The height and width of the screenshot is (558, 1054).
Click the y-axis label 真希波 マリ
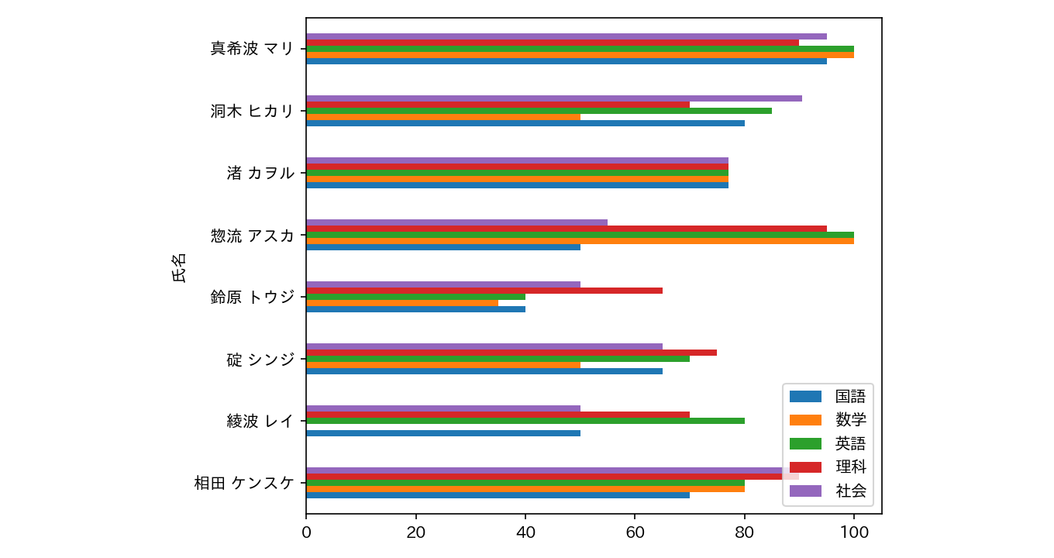pos(252,49)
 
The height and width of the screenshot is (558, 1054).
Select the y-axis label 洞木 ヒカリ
pos(252,111)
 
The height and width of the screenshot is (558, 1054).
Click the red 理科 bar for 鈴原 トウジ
pos(484,291)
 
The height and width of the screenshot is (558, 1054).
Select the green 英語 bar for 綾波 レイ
pos(525,421)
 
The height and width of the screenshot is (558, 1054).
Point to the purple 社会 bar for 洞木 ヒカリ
pos(554,98)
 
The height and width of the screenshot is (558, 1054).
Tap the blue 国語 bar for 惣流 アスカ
pos(443,247)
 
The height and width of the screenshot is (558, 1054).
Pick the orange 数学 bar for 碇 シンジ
pos(443,365)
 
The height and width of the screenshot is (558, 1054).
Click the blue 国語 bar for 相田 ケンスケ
pos(498,495)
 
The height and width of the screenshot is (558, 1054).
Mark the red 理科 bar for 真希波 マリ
pos(553,43)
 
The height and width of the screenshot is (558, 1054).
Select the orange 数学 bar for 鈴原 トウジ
pos(402,303)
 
